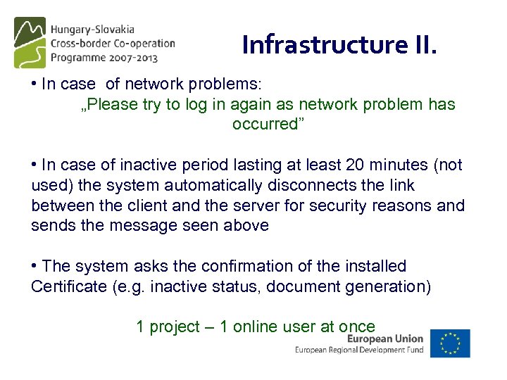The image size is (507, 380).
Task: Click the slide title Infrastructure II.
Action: [x=339, y=44]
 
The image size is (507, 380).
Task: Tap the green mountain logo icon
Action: [x=30, y=42]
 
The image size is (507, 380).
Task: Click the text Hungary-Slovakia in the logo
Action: [x=92, y=30]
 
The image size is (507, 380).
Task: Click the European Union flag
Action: [x=450, y=343]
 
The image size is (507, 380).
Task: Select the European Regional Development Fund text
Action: [x=359, y=350]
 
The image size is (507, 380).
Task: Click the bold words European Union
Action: [x=385, y=338]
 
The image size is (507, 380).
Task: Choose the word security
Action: [x=348, y=206]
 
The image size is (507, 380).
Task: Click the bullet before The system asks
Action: [x=35, y=266]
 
